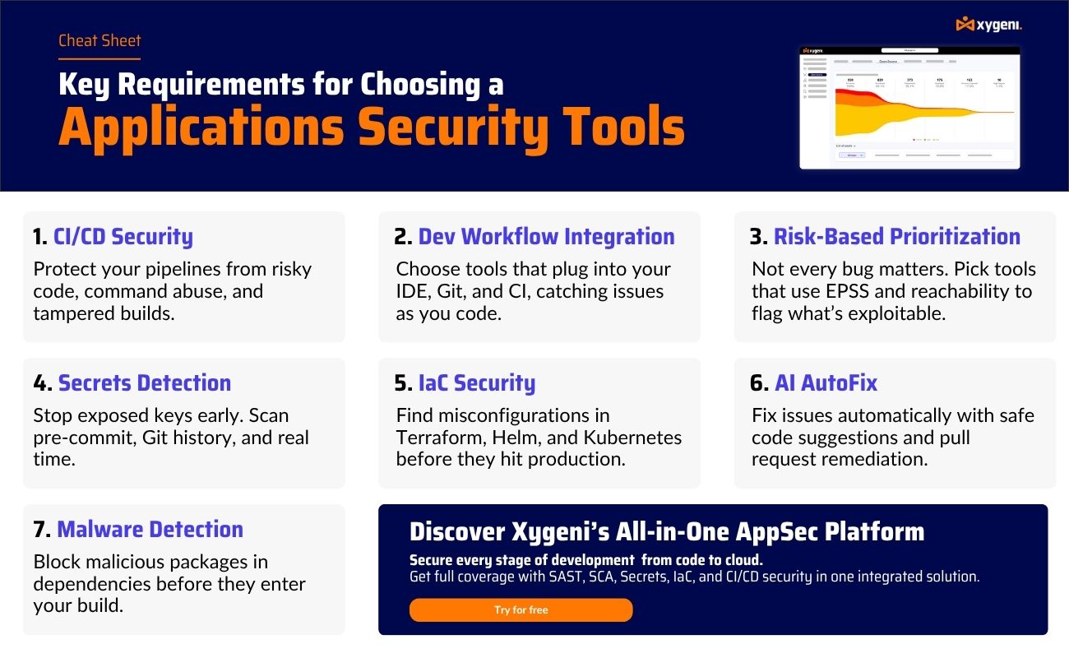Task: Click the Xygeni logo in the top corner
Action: click(989, 25)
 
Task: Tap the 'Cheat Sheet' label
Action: click(99, 40)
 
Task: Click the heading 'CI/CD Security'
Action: click(123, 237)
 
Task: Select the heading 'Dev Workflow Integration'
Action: click(546, 237)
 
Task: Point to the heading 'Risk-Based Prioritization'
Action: click(896, 237)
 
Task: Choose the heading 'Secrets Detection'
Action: click(145, 383)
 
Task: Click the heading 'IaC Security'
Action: click(477, 383)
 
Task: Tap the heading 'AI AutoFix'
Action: click(826, 383)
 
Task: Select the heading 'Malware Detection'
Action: click(150, 530)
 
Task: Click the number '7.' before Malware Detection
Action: click(42, 530)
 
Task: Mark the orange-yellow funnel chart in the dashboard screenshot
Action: click(905, 111)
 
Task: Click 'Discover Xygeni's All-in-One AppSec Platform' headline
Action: click(667, 532)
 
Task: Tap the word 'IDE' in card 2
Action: click(414, 292)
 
